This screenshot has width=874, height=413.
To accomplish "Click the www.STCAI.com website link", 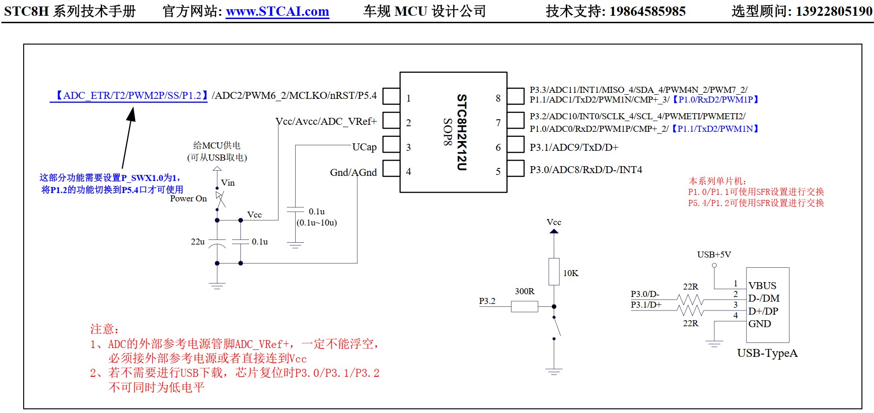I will point(277,11).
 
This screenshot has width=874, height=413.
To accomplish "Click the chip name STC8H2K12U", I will point(461,132).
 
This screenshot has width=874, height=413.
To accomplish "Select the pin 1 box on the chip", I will point(391,96).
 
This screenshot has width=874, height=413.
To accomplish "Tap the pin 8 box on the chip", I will point(515,96).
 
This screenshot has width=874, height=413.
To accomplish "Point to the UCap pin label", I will point(364,147).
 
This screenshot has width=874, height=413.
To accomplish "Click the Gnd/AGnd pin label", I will point(353,173).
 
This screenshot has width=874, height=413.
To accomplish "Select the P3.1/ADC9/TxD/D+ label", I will point(574,148).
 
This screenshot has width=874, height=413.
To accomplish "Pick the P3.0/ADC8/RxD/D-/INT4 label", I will point(586,170).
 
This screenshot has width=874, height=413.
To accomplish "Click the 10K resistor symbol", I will point(554,271).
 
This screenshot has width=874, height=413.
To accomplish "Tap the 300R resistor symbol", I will point(524,306).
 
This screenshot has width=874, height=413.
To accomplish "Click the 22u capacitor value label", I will point(198,242).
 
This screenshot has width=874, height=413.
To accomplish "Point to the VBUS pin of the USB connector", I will point(762,285).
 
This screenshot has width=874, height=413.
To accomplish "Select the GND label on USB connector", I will point(759,324).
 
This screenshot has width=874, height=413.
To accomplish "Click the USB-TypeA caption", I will point(767,353).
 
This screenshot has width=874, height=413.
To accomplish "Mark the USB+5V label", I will point(714,255).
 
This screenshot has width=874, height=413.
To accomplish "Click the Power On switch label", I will point(188,199).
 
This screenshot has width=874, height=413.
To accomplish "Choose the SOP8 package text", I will point(447,132).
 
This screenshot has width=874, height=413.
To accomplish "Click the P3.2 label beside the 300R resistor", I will point(487,301).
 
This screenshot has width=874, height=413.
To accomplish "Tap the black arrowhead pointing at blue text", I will point(132,114).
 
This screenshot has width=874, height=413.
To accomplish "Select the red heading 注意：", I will point(104,329).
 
